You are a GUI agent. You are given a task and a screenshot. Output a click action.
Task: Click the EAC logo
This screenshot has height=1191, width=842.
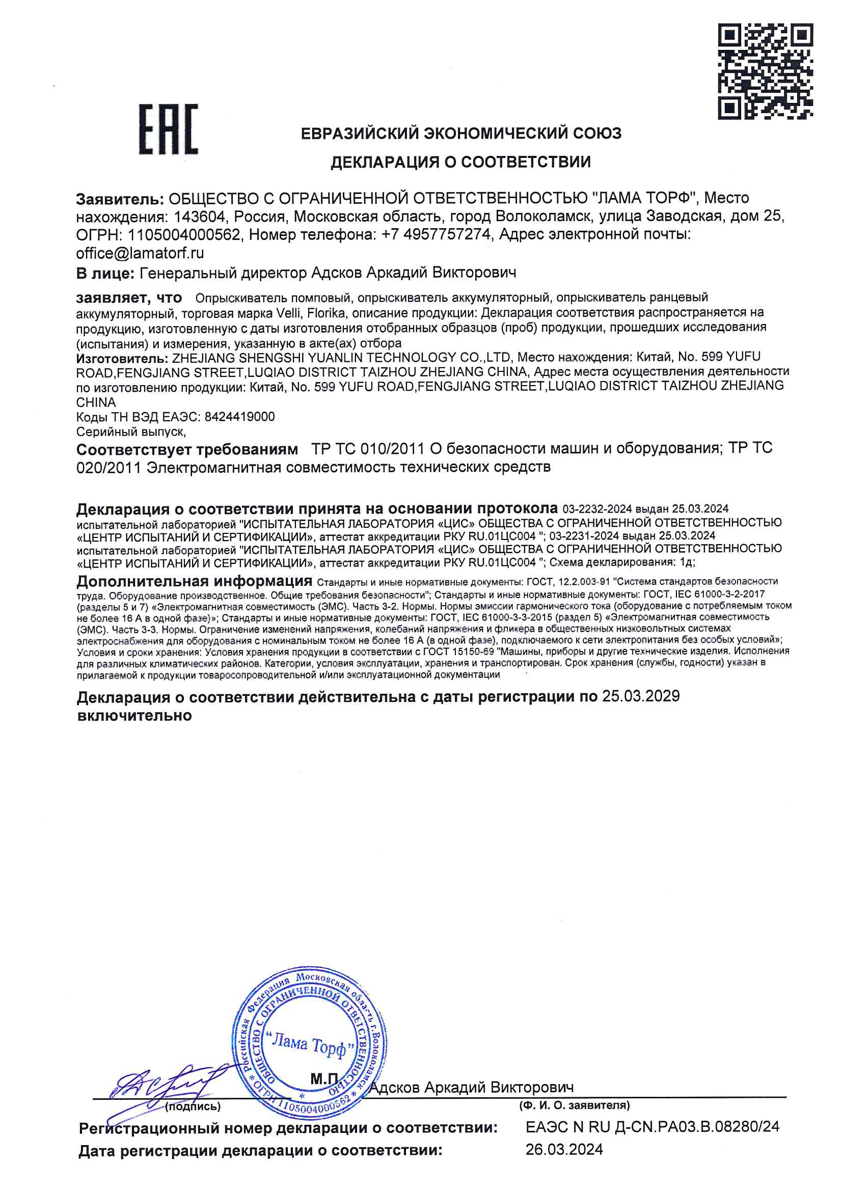(168, 129)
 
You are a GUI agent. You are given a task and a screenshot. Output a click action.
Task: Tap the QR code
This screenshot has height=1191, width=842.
(765, 71)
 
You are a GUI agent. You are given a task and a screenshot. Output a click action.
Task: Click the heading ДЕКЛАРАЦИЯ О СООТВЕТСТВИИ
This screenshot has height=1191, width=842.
(460, 163)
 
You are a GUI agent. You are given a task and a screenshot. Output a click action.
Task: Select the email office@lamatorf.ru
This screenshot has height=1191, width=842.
(140, 253)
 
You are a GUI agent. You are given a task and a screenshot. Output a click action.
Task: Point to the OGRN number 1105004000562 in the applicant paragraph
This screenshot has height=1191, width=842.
(184, 235)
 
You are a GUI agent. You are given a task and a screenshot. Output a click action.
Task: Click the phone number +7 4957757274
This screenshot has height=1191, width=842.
(436, 235)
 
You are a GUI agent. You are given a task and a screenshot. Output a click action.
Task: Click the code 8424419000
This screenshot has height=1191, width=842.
(240, 417)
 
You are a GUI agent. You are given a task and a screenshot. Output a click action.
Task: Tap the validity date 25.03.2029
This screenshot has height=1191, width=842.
(641, 696)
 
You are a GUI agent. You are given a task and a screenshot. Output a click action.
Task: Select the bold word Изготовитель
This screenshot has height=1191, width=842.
(121, 359)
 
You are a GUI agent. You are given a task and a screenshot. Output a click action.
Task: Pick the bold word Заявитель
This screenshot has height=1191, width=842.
(120, 199)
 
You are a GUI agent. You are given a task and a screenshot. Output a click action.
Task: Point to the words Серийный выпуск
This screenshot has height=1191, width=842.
(131, 431)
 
